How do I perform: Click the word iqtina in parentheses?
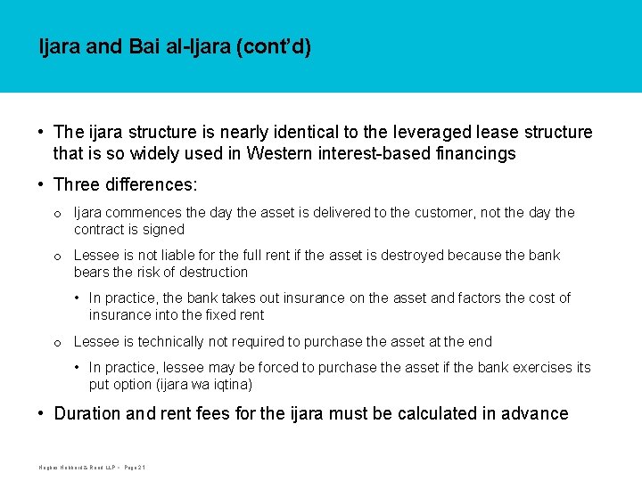tap(230, 384)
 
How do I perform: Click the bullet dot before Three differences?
tap(42, 185)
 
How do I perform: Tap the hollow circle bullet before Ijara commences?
tap(57, 214)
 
